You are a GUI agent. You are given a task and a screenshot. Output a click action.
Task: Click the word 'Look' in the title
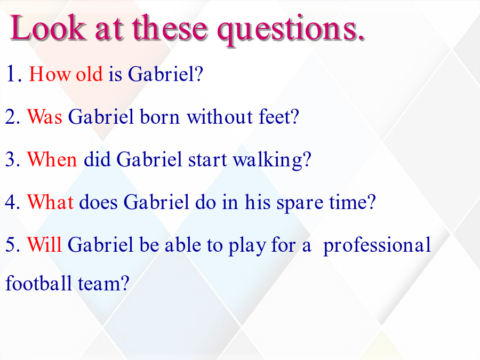[x=48, y=28]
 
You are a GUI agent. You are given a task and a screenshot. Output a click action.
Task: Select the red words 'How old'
[x=66, y=74]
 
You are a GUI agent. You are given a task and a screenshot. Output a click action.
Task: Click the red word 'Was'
[x=45, y=117]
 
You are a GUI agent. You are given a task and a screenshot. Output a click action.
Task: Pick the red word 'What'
[x=50, y=202]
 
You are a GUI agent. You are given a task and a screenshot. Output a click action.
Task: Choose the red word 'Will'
[x=44, y=245]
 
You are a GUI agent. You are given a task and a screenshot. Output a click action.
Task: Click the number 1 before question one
[x=11, y=74]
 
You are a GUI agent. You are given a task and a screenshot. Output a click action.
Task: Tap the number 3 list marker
[x=11, y=159]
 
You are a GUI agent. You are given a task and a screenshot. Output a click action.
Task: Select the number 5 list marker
[x=11, y=245]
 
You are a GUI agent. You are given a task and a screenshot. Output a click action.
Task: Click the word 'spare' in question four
[x=300, y=204]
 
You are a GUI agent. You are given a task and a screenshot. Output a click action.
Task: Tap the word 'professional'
[x=377, y=246]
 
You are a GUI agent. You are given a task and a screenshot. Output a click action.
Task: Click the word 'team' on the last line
[x=99, y=284]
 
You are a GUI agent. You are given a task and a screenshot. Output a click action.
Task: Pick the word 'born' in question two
[x=159, y=117]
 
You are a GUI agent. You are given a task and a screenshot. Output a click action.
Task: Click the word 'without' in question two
[x=220, y=117]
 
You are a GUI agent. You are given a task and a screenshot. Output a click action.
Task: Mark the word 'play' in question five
[x=247, y=246]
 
